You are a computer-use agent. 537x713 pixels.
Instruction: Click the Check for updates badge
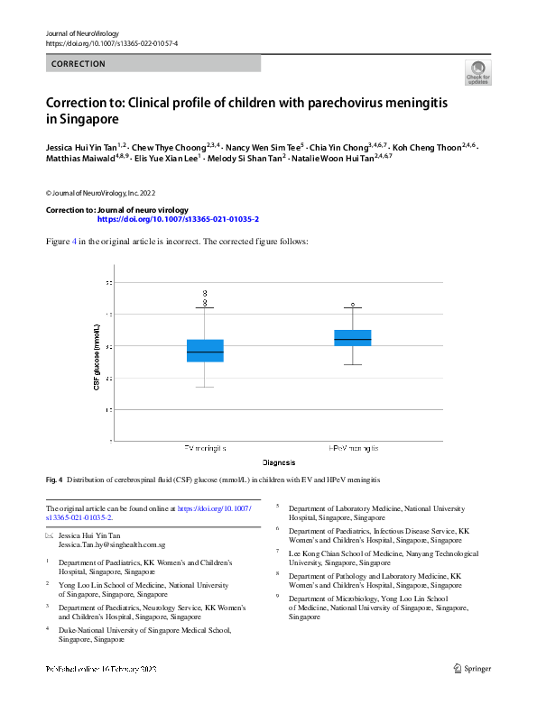477,73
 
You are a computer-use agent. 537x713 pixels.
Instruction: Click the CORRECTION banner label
79,64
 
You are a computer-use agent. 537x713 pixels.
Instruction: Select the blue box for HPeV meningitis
352,338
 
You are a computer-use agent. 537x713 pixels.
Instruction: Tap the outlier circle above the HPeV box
353,305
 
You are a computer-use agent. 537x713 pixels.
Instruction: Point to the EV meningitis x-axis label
206,448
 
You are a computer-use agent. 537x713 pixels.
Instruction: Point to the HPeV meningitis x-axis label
352,448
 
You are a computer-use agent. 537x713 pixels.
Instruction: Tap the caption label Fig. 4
56,479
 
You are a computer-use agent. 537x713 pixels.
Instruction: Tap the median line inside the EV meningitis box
206,352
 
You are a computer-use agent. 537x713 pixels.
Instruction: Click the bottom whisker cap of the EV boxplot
206,388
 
